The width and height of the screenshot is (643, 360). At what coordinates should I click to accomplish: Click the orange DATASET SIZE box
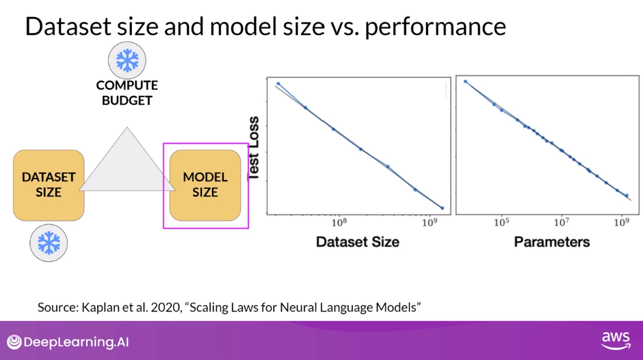[x=49, y=185]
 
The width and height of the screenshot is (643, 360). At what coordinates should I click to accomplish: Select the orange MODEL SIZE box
[x=205, y=185]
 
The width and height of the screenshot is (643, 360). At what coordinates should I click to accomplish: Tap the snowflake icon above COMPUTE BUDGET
[x=127, y=60]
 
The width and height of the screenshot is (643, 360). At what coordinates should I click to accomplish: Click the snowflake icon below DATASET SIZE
[x=49, y=243]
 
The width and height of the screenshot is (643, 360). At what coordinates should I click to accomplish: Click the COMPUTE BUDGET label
[x=127, y=93]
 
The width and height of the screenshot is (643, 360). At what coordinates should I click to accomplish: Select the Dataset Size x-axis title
[x=358, y=242]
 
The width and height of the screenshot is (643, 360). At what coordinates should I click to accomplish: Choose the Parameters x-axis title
[x=552, y=242]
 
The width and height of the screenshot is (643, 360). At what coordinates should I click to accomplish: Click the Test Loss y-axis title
[x=254, y=149]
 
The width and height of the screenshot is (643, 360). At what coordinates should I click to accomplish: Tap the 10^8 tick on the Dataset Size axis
[x=339, y=222]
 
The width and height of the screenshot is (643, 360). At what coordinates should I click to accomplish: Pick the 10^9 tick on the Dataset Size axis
[x=430, y=222]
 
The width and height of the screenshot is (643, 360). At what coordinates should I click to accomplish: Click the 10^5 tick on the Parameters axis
[x=501, y=222]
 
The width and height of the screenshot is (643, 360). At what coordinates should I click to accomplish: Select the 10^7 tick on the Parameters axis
[x=562, y=222]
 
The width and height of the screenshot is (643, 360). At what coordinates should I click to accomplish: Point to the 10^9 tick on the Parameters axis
[x=621, y=222]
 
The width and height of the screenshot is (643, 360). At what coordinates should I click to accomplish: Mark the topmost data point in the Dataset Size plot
[x=278, y=83]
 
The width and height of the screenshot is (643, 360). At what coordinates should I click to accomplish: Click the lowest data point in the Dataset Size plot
[x=442, y=208]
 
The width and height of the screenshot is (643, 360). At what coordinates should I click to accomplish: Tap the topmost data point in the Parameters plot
[x=465, y=81]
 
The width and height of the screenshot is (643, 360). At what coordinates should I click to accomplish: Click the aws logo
[x=616, y=340]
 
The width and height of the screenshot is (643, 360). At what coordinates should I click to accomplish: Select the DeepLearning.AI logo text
[x=77, y=342]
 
